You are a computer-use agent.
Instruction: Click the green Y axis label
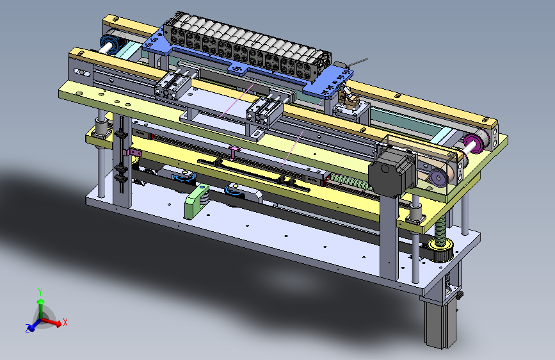pos(40,292)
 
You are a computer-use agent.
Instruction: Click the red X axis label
pos(65,322)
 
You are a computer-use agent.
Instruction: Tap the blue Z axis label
pos(28,328)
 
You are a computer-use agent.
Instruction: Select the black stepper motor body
pos(391,172)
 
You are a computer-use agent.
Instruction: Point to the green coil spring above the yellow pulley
pos(440,231)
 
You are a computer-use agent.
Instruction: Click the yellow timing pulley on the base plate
pos(440,249)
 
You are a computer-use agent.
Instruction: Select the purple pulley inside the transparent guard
pos(438,177)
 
